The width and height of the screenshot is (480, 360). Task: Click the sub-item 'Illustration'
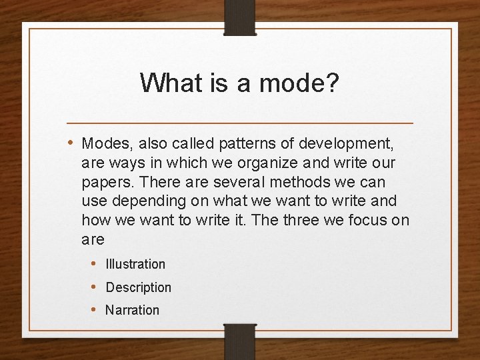tap(135, 264)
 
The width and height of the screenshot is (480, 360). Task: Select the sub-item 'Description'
tap(139, 287)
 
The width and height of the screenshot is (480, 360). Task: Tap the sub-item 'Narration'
tap(133, 310)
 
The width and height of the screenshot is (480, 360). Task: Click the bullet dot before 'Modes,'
tap(71, 143)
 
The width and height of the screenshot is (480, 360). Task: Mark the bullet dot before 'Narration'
tap(95, 309)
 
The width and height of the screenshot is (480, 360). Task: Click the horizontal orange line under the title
tap(240, 123)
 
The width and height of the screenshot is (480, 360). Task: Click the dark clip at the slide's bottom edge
tap(239, 341)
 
